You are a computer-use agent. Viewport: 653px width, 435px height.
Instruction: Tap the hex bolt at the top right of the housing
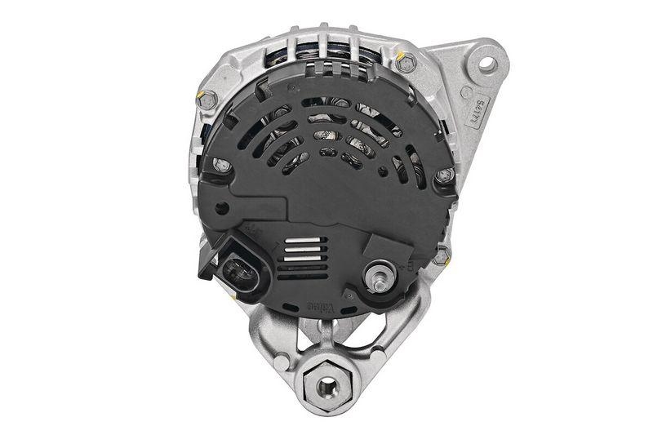405,62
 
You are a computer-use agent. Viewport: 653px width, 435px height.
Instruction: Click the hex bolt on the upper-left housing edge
207,101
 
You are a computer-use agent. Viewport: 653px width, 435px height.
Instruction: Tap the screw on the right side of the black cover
443,175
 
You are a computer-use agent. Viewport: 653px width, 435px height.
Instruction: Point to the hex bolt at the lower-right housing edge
442,255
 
